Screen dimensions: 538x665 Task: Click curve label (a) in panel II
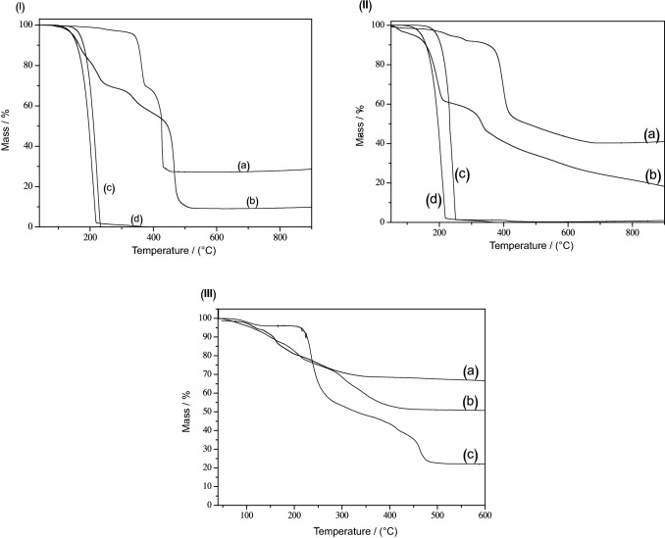tap(650, 132)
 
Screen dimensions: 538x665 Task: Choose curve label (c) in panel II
tap(461, 174)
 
